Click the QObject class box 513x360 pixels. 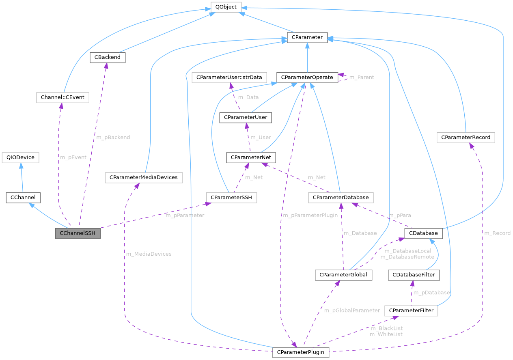[x=226, y=7]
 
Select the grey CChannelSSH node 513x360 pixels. [x=78, y=234]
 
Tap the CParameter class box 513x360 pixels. [x=307, y=38]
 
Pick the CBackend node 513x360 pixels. [x=107, y=57]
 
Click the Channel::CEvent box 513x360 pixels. [x=62, y=97]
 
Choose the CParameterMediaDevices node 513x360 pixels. [x=144, y=177]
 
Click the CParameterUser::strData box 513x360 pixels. [x=229, y=77]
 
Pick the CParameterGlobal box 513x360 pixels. [x=343, y=275]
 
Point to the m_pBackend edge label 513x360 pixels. [x=113, y=137]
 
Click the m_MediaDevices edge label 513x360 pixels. [x=149, y=254]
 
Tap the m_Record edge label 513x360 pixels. [x=497, y=233]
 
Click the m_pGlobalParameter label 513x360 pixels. [x=352, y=310]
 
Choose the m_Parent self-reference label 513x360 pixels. [x=361, y=77]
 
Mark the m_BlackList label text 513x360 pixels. [x=386, y=328]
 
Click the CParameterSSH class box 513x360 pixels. [x=231, y=198]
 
